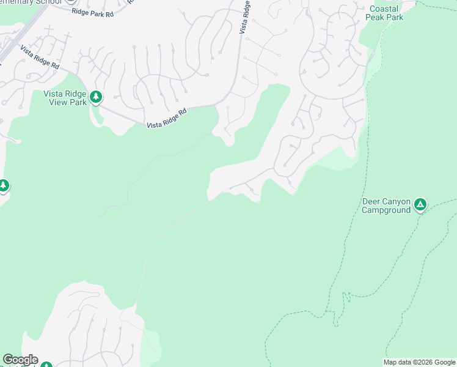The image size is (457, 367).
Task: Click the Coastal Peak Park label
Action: [384, 13]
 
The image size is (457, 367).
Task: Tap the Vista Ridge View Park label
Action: [65, 98]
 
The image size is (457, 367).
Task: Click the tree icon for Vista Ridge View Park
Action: [95, 97]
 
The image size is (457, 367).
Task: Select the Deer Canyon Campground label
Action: [386, 206]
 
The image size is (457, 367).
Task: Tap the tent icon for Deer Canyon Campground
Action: [420, 204]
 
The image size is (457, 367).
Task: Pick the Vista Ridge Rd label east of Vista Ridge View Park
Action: [166, 119]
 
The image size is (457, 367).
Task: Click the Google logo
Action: [20, 360]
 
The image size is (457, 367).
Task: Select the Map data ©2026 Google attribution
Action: [420, 362]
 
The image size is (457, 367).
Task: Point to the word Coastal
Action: [384, 9]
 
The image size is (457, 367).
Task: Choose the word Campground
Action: [386, 210]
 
